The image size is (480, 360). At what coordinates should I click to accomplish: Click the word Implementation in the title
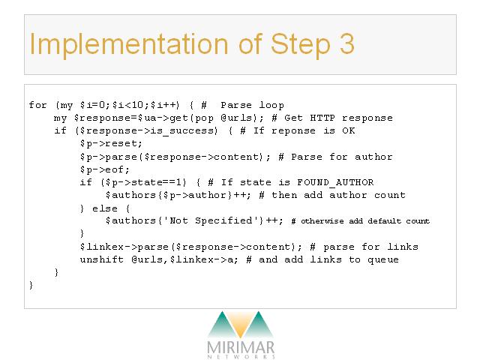coord(129,45)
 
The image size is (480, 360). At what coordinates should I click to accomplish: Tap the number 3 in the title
coord(346,43)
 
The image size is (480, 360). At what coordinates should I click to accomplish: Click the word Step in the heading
coord(301,45)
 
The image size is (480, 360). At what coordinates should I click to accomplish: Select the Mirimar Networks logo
coord(241,334)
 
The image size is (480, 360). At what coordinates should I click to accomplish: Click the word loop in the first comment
coord(271,105)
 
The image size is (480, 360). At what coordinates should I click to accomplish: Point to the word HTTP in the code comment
coord(322,118)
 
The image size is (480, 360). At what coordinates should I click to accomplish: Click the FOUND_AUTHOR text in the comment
coord(335,182)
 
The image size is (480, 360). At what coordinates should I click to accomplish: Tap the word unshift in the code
coord(102,259)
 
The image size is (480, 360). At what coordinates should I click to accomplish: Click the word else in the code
coord(105,208)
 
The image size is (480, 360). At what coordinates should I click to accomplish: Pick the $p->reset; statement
coord(111,143)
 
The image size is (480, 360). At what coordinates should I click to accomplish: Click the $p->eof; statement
coord(105,169)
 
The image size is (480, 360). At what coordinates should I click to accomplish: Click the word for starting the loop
coord(37,105)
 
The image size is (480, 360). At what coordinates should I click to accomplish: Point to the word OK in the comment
coord(349,130)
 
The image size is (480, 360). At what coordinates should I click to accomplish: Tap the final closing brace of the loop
coord(31,285)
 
